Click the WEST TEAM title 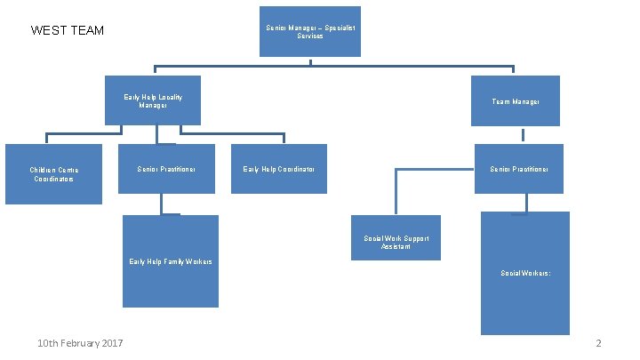click(x=68, y=31)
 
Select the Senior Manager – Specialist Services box click(x=311, y=31)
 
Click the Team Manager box click(x=516, y=101)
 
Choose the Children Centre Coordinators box click(x=53, y=173)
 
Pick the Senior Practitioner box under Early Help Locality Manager click(x=166, y=169)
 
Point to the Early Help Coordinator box click(x=278, y=169)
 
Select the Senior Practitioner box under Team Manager click(x=519, y=169)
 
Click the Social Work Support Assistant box click(x=396, y=238)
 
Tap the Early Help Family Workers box click(x=171, y=261)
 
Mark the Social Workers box click(x=524, y=273)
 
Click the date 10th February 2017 click(x=81, y=344)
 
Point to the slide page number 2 click(x=599, y=344)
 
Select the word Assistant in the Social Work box click(x=396, y=245)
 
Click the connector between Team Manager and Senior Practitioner click(x=523, y=135)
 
